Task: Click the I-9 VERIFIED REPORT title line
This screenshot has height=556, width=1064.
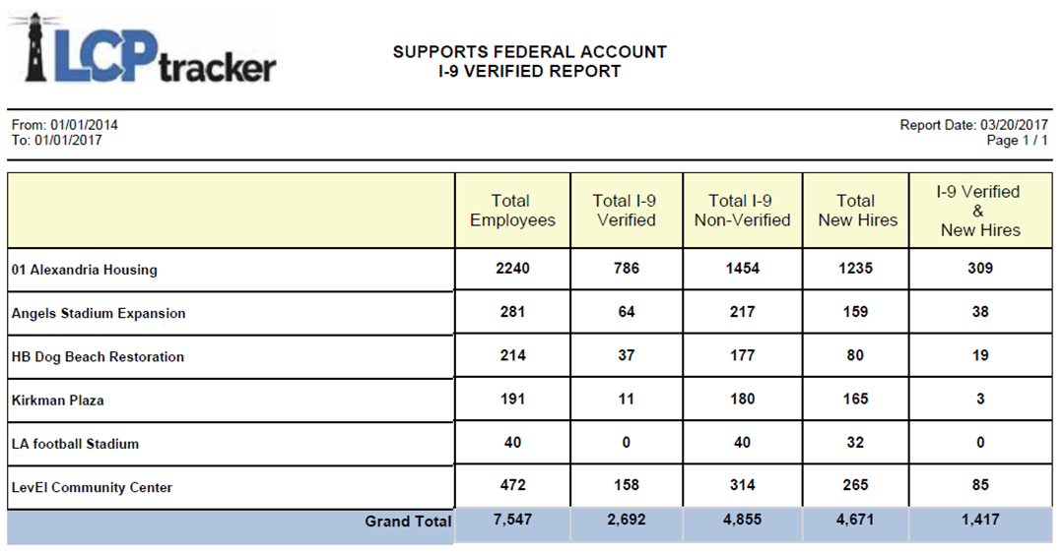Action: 529,71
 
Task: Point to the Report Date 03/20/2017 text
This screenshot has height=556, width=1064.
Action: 973,125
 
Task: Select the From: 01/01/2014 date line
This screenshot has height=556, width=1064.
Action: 64,125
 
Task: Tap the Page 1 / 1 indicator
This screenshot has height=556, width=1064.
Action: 1017,141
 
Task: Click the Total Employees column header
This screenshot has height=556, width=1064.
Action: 512,211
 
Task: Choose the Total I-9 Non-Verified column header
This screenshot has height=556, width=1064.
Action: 742,211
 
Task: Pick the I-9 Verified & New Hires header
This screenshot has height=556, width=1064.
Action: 979,211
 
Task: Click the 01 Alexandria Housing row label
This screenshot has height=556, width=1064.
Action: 85,270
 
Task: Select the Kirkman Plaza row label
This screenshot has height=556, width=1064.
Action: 57,401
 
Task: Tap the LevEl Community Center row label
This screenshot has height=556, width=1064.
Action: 93,487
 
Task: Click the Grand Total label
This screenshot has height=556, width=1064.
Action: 408,522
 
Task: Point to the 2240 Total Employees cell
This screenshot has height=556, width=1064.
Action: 512,269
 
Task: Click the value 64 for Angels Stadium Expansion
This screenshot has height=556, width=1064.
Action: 627,312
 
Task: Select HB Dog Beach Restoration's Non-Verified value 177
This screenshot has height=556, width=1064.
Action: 742,355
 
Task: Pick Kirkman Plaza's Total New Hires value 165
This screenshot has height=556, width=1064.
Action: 856,400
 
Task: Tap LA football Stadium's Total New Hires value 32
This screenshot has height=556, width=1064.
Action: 856,443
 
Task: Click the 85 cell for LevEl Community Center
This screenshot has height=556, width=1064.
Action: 979,485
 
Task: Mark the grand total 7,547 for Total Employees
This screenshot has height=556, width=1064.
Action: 512,520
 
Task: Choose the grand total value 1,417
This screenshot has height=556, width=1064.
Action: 979,520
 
